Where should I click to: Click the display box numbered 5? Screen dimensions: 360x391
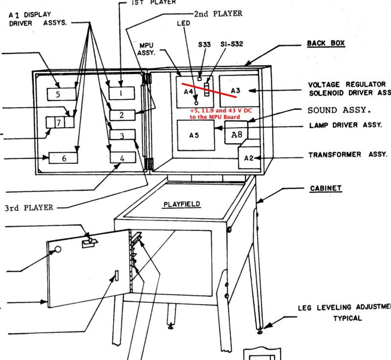point(62,93)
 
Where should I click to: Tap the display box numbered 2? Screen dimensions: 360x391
point(122,115)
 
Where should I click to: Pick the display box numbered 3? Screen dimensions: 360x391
point(122,135)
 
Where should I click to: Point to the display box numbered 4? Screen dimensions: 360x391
point(122,157)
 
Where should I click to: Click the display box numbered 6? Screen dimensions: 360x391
point(63,158)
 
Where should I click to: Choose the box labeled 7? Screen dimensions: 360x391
point(58,122)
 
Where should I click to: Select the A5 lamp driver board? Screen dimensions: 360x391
point(195,135)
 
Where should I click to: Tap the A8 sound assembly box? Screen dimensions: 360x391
point(237,132)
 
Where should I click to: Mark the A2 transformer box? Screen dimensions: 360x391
point(249,157)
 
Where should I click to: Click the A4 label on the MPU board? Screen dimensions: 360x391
point(188,91)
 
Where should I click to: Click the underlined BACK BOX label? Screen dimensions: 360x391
point(326,44)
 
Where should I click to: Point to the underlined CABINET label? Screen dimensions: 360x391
point(326,188)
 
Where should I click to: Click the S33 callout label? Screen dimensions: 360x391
point(205,44)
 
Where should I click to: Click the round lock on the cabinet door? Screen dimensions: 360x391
point(58,249)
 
